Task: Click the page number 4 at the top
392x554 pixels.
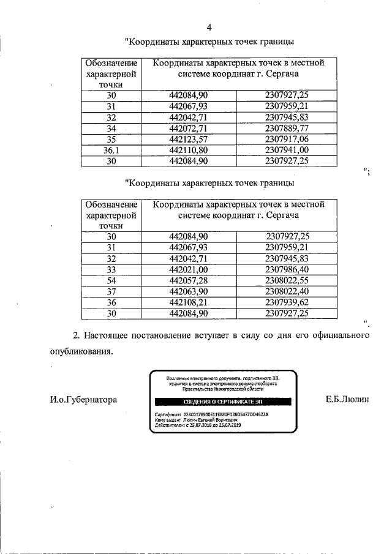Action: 209,28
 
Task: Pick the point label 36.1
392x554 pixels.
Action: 111,150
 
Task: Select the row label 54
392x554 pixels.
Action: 111,280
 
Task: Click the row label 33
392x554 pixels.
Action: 111,269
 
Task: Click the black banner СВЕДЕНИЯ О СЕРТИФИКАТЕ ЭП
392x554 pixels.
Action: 222,402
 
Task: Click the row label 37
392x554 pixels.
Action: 111,291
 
